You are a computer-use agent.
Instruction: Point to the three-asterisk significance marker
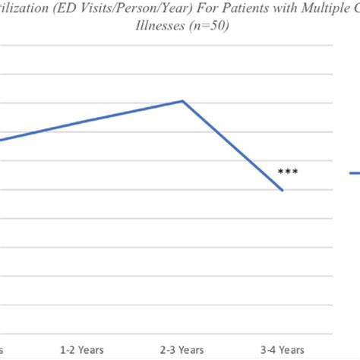pyautogui.click(x=288, y=172)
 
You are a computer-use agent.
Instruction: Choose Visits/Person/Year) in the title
pyautogui.click(x=134, y=10)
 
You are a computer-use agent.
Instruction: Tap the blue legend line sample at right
pyautogui.click(x=355, y=174)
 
